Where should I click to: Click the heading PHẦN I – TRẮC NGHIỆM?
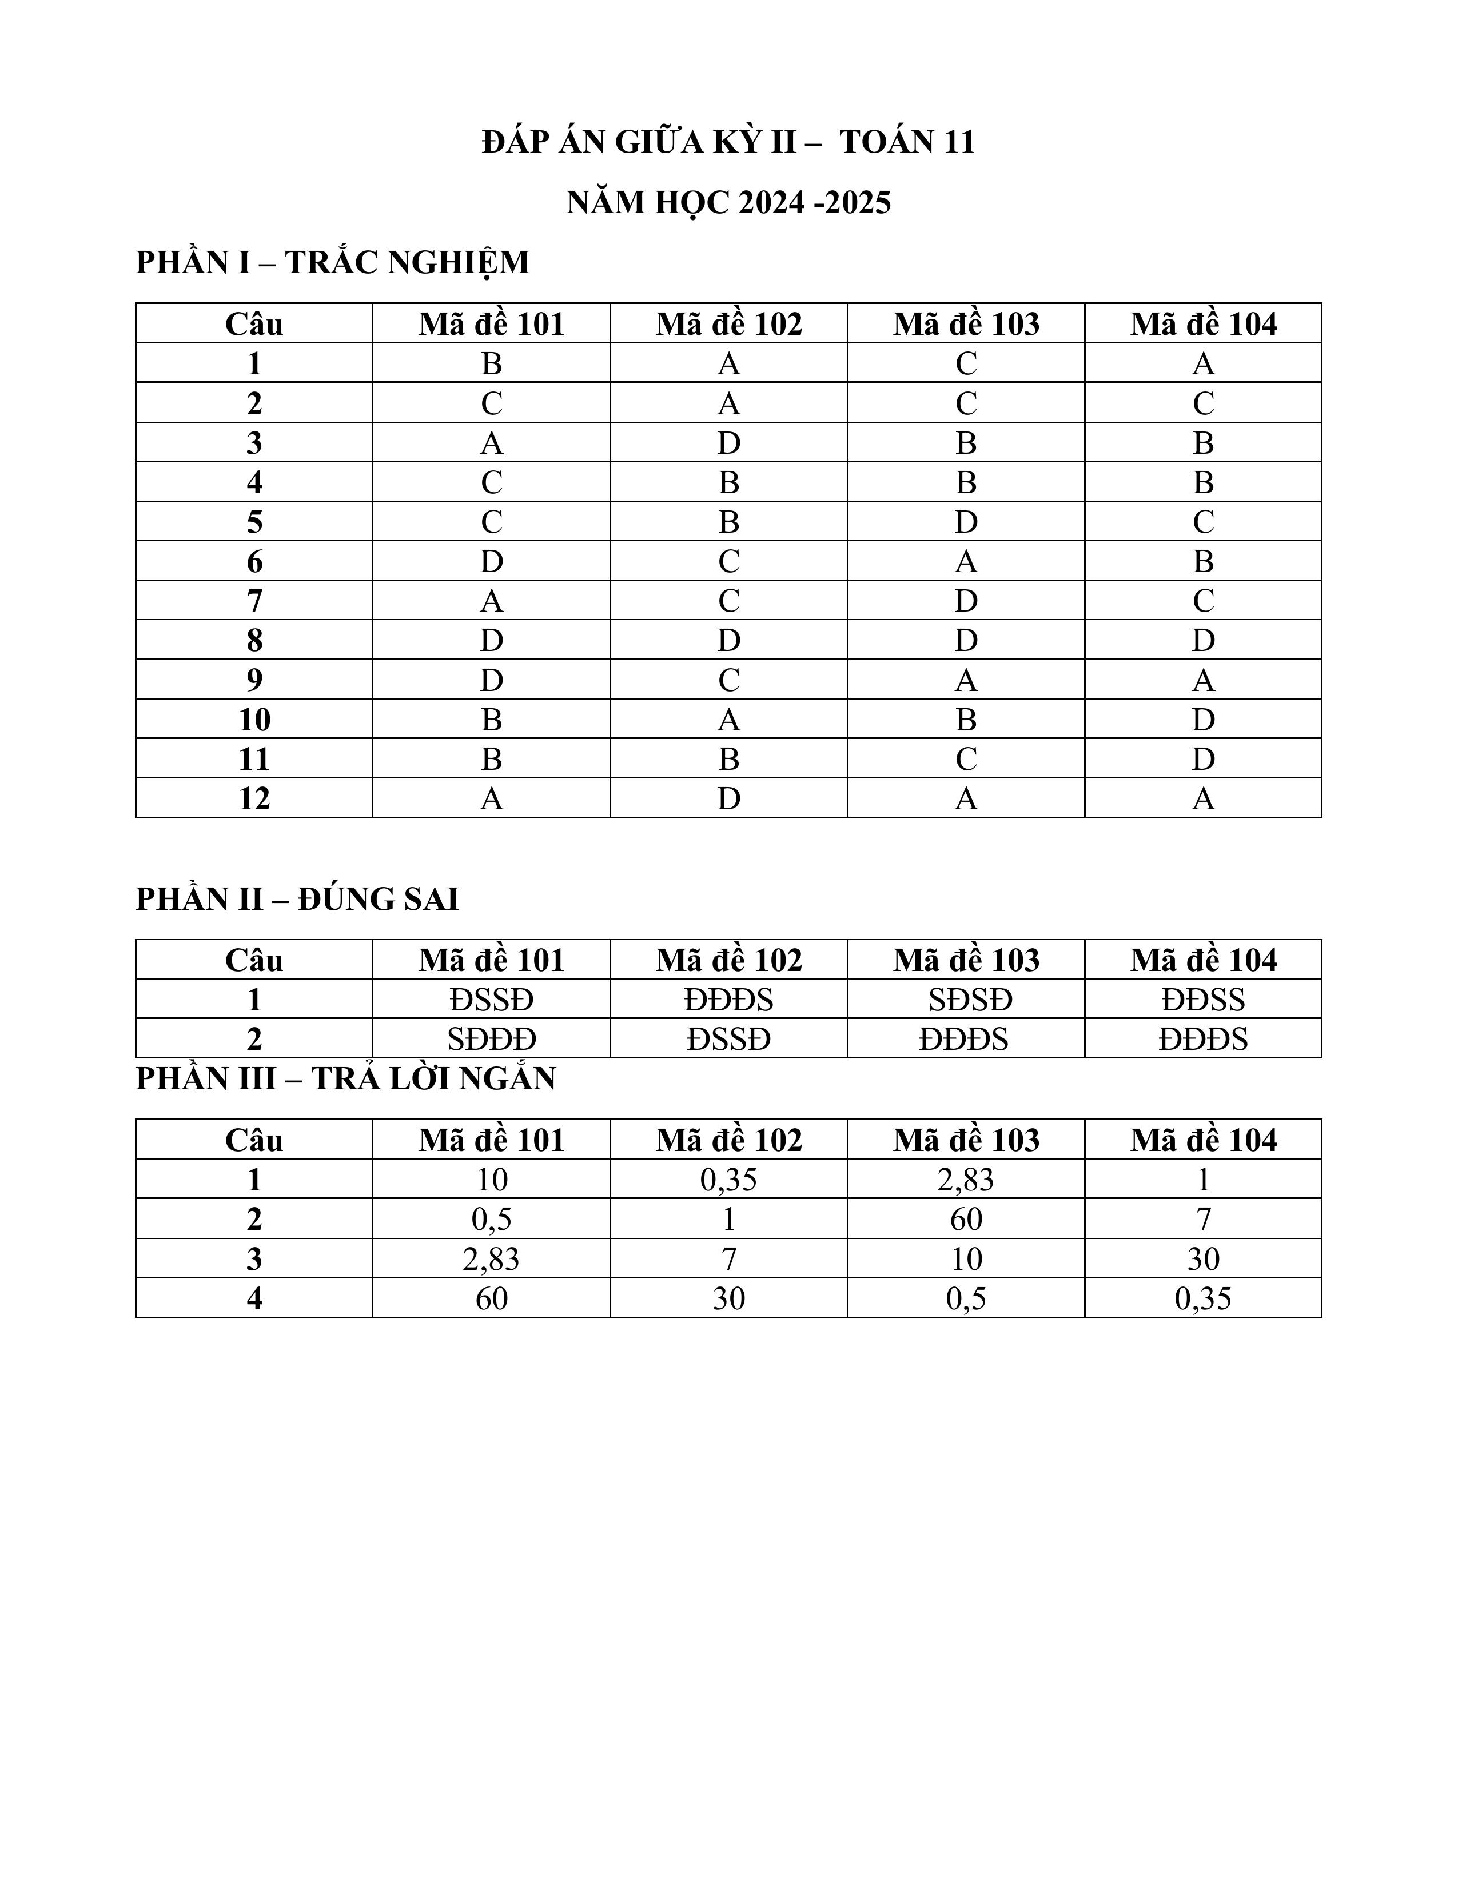(333, 262)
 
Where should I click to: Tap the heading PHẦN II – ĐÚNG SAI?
(297, 899)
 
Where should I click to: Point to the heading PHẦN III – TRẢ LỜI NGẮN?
(345, 1078)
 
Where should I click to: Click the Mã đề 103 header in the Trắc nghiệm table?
(966, 324)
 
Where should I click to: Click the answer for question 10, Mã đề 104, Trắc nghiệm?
(1203, 720)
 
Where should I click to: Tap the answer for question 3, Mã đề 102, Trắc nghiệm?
(728, 443)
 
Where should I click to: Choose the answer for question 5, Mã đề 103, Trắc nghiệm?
(966, 522)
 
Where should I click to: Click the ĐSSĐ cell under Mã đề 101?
(492, 1000)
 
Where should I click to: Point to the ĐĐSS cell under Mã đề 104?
(1203, 1000)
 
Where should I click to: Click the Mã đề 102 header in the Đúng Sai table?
(728, 960)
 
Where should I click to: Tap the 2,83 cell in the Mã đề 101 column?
(492, 1259)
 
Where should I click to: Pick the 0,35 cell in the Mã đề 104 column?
(1203, 1299)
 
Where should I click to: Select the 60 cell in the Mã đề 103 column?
(966, 1220)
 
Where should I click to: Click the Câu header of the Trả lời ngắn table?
(254, 1140)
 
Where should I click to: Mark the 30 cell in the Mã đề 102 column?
(728, 1299)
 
